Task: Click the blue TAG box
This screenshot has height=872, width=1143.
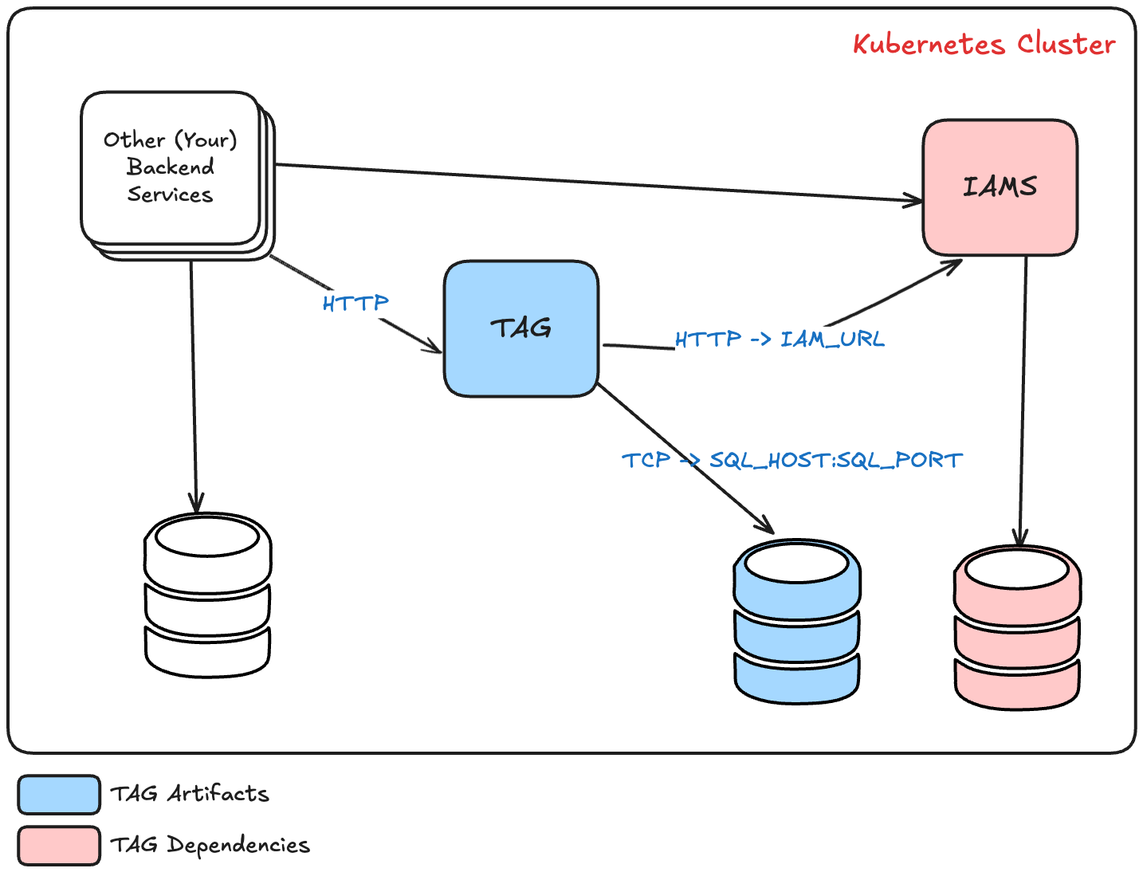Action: pyautogui.click(x=520, y=328)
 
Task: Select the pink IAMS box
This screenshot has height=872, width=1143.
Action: pyautogui.click(x=1000, y=187)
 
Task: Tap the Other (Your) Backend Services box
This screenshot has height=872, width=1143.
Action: pyautogui.click(x=178, y=175)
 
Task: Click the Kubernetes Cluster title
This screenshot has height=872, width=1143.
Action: pyautogui.click(x=984, y=45)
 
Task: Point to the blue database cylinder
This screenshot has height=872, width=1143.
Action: pyautogui.click(x=797, y=622)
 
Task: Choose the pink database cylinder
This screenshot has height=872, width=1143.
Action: pyautogui.click(x=1018, y=627)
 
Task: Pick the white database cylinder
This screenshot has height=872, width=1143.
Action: pyautogui.click(x=207, y=595)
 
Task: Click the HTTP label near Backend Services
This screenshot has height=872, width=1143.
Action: pyautogui.click(x=355, y=303)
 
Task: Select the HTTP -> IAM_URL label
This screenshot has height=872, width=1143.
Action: pyautogui.click(x=780, y=340)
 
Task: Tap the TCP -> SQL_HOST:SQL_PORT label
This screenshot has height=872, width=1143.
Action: pyautogui.click(x=792, y=460)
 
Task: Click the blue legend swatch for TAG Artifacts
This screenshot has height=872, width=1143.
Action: pyautogui.click(x=59, y=795)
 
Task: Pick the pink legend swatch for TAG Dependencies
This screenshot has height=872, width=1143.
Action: pyautogui.click(x=59, y=846)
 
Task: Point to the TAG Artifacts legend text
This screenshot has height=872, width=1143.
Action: pyautogui.click(x=190, y=793)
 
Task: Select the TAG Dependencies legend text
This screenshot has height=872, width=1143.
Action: pyautogui.click(x=210, y=845)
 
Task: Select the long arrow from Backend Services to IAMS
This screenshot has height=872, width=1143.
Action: pyautogui.click(x=599, y=183)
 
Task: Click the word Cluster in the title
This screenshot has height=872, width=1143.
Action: pyautogui.click(x=1066, y=45)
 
